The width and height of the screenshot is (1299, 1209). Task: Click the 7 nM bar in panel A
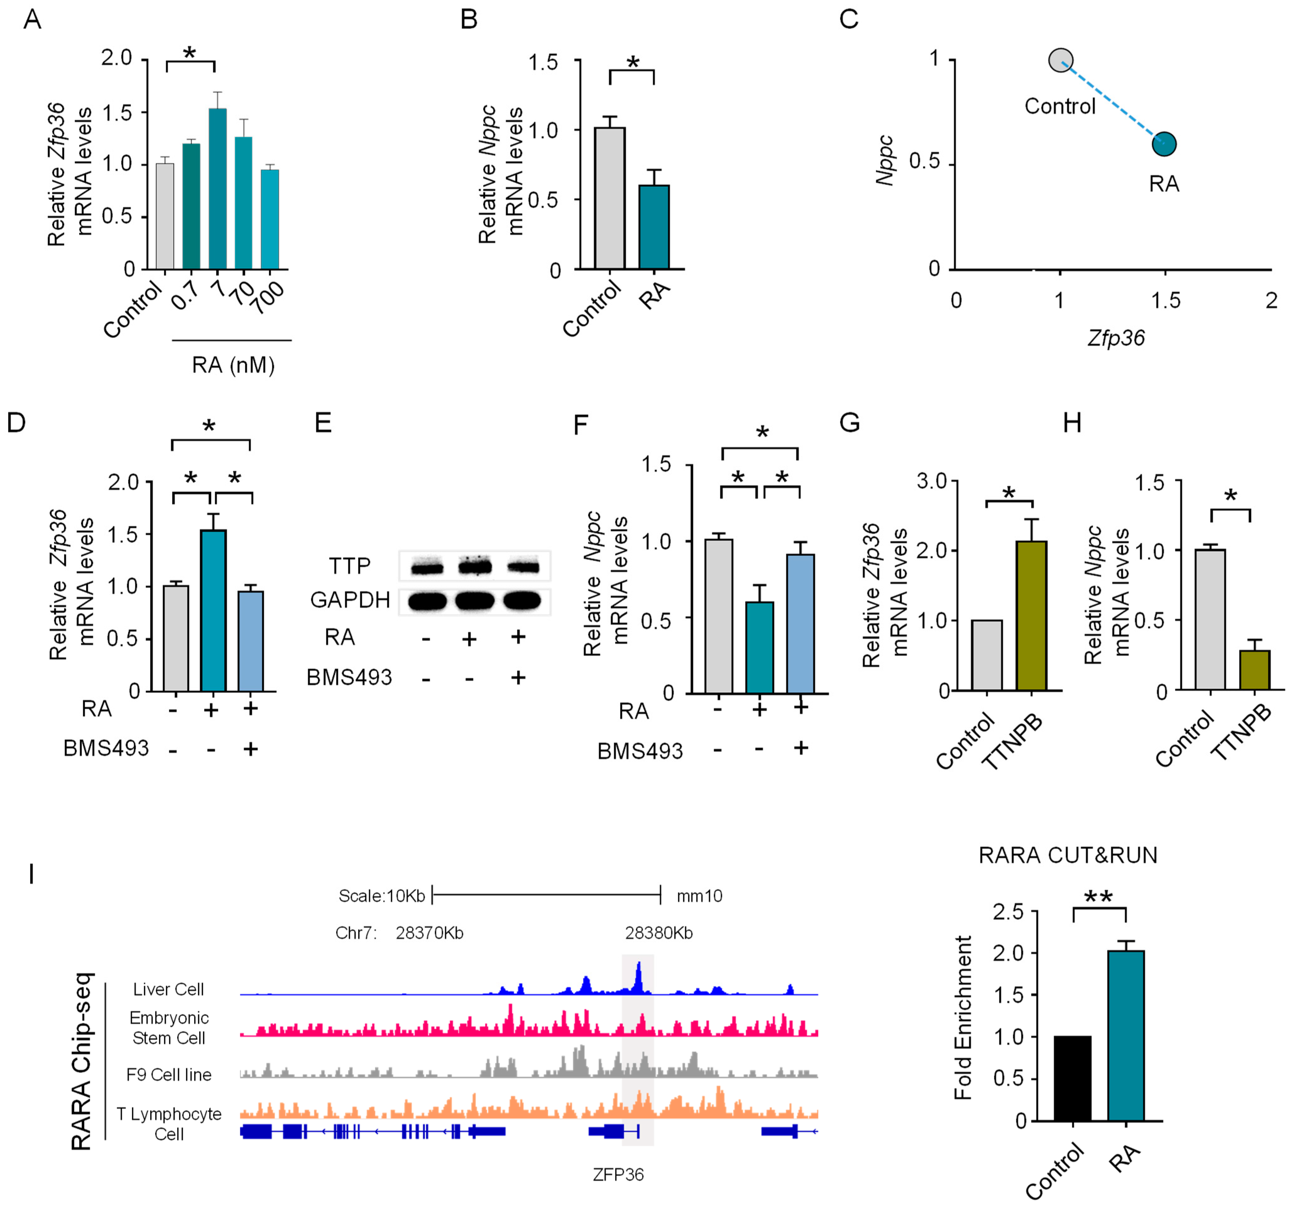(218, 189)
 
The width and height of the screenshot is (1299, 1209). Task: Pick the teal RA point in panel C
(1164, 144)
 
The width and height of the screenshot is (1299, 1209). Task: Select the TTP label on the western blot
(350, 566)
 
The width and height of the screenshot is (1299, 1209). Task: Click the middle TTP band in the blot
(474, 567)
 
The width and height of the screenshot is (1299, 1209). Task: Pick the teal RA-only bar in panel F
(759, 647)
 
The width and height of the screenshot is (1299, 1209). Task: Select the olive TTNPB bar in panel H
(1254, 670)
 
